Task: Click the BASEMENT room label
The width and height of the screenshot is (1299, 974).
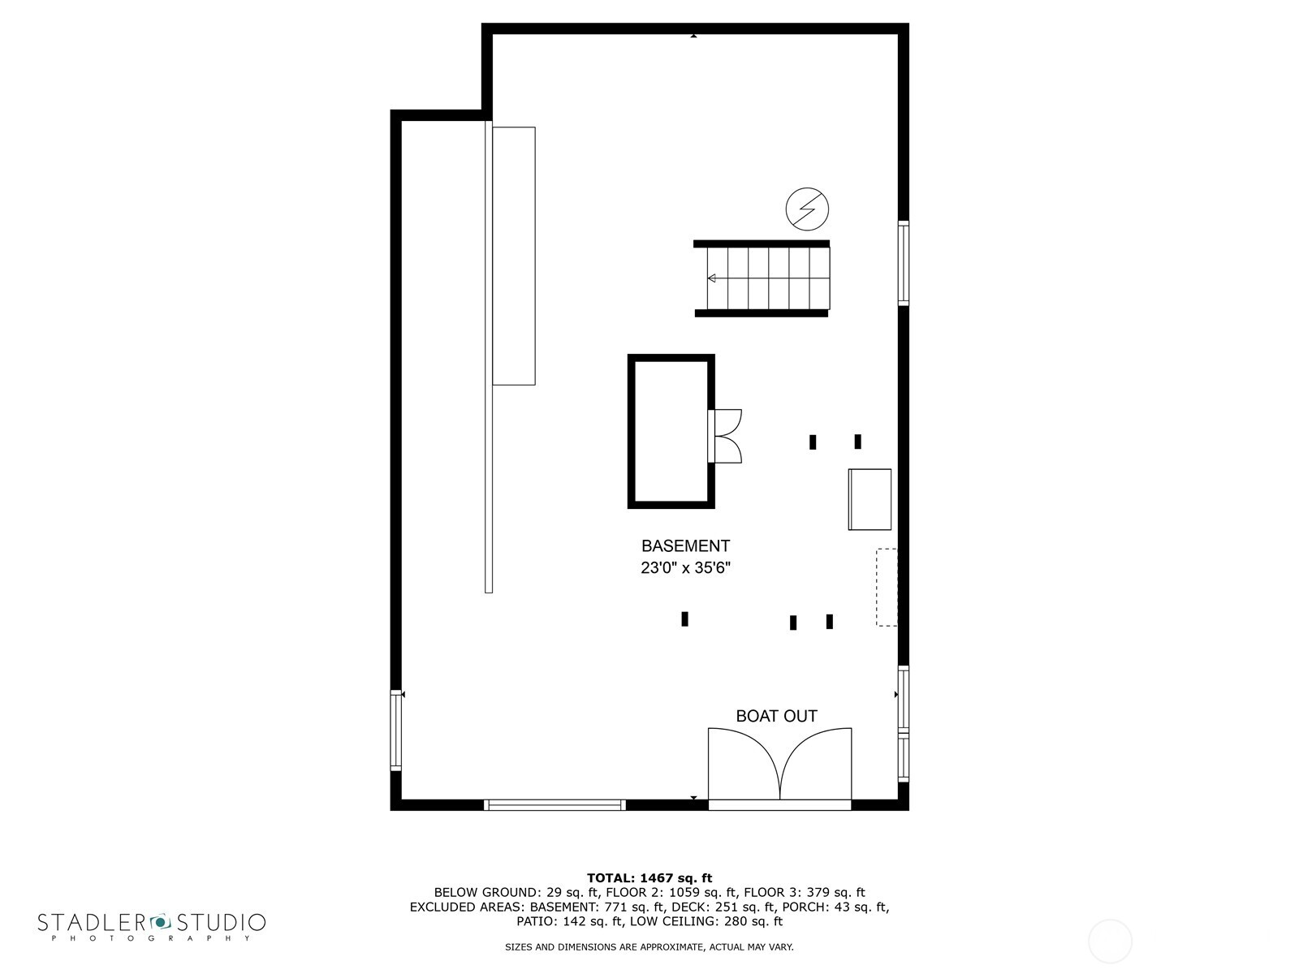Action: tap(685, 546)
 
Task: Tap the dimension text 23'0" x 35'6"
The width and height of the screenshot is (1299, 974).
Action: tap(685, 568)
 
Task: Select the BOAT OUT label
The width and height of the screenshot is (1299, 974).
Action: tap(776, 716)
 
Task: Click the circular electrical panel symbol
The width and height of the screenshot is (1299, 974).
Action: tap(807, 209)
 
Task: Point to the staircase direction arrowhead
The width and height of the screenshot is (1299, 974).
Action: tap(711, 278)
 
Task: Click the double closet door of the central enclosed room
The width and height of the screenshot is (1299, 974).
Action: tap(726, 436)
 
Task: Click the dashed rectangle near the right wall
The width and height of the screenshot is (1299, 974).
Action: tap(887, 587)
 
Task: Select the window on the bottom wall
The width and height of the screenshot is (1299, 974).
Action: tap(555, 805)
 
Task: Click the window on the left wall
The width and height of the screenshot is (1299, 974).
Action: tap(396, 730)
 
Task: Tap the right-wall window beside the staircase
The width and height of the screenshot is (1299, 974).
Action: tap(903, 262)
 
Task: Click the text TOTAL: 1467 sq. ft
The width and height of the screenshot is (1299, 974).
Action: tap(649, 877)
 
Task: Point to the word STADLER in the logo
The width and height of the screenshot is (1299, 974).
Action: tap(91, 922)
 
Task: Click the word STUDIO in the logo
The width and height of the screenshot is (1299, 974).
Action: tap(222, 922)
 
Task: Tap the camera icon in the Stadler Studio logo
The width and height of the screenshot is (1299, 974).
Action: tap(160, 921)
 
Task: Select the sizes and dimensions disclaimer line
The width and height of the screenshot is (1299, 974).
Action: tap(649, 946)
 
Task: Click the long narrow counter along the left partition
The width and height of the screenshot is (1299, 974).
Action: tap(514, 256)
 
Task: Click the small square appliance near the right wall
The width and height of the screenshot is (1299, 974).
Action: tap(870, 499)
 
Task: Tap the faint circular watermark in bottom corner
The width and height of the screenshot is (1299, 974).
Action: tap(1109, 942)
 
